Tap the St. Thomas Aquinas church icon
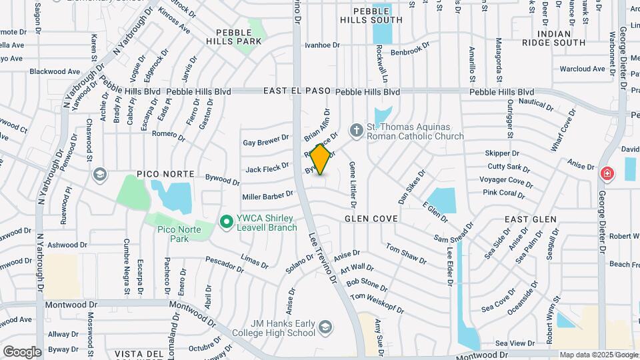(x=357, y=129)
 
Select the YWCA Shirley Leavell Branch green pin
(x=226, y=221)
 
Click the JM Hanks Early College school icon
(x=324, y=327)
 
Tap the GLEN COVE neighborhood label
(x=371, y=219)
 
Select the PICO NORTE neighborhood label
(x=165, y=174)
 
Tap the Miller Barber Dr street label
(x=268, y=196)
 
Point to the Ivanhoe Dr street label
(x=322, y=45)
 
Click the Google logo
(x=22, y=352)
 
